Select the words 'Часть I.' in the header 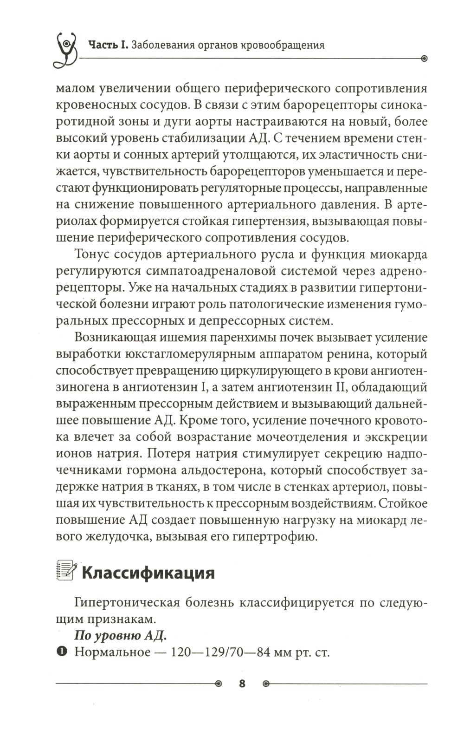pyautogui.click(x=109, y=45)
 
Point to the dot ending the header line pyautogui.click(x=423, y=59)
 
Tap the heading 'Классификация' pyautogui.click(x=148, y=573)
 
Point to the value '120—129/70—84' pyautogui.click(x=221, y=652)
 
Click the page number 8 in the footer pyautogui.click(x=242, y=684)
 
